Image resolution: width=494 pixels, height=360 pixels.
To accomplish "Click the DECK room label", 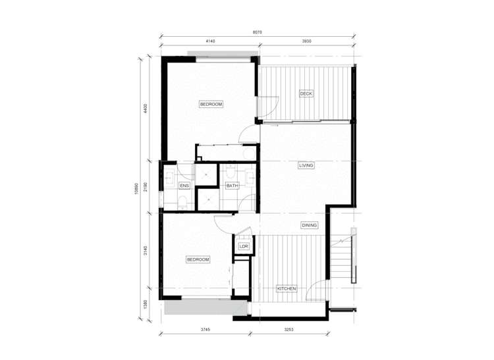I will [x=306, y=93].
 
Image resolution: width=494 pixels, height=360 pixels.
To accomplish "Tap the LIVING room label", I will [x=306, y=166].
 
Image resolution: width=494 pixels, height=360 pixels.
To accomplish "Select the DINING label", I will [x=310, y=225].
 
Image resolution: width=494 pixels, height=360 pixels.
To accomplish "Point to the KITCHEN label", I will [x=287, y=289].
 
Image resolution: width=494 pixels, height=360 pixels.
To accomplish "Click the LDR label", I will [x=244, y=246].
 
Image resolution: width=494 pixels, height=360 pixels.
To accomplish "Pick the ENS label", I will [x=184, y=186].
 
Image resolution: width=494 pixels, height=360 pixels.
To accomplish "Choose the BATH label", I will [x=233, y=186].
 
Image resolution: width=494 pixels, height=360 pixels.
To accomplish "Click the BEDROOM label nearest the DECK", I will [x=211, y=105].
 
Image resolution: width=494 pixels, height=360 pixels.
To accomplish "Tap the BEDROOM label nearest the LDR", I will [x=198, y=260].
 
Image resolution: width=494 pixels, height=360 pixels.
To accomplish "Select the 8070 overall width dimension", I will [x=260, y=31].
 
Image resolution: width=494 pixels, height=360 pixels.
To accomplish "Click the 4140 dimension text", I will [x=211, y=41].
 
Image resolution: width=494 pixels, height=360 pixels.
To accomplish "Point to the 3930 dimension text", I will [x=307, y=41].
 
